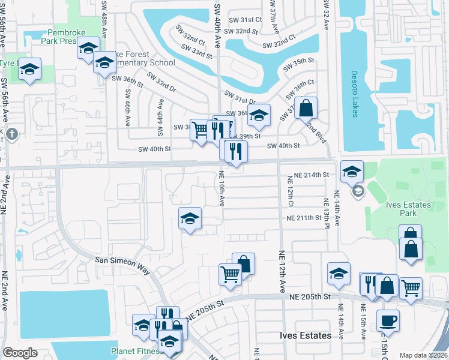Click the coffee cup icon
click(x=388, y=320)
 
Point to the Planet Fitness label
click(x=137, y=351)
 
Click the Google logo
click(x=20, y=353)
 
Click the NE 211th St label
click(x=309, y=218)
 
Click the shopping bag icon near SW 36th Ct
click(x=306, y=108)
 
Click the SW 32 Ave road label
click(x=326, y=18)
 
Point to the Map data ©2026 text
click(x=423, y=355)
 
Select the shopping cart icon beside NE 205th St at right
click(x=411, y=288)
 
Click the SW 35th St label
click(x=301, y=61)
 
